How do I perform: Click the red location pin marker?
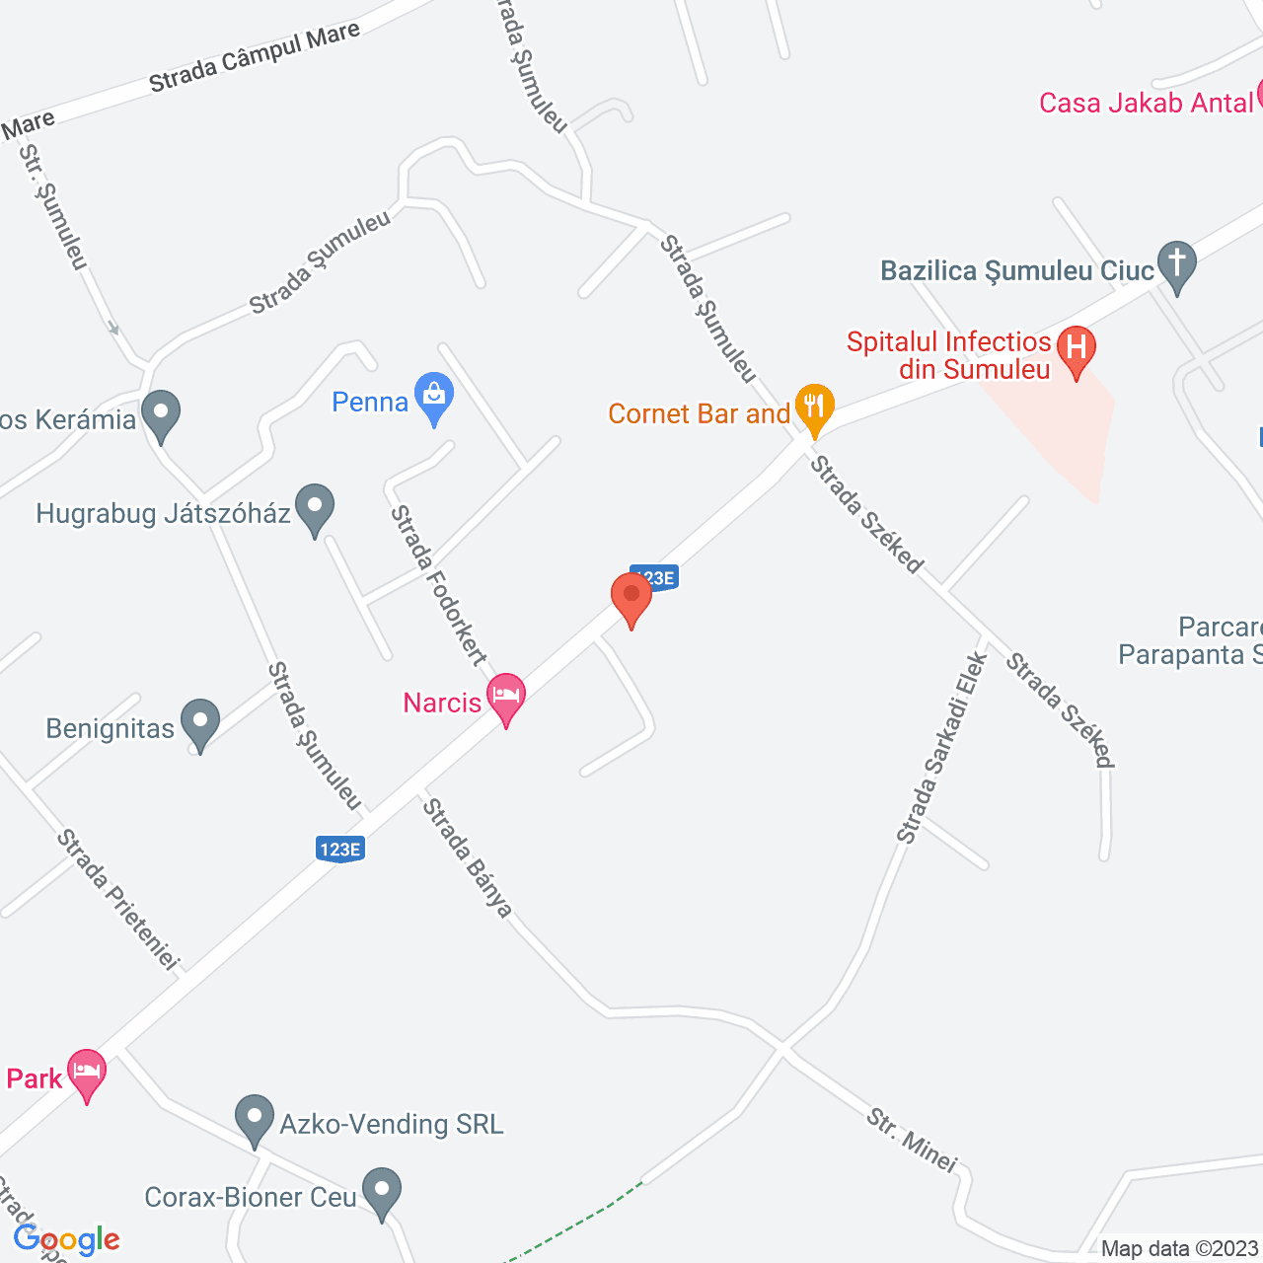[x=631, y=597]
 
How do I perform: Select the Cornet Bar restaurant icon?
[x=814, y=408]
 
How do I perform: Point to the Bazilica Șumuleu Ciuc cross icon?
[x=1176, y=264]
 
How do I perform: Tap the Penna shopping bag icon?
[x=434, y=397]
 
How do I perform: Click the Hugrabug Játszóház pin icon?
[x=315, y=508]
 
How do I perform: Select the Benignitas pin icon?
[x=200, y=723]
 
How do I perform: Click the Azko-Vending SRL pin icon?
[x=255, y=1119]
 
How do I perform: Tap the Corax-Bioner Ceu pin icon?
[x=381, y=1192]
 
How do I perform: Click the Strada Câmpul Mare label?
[x=255, y=58]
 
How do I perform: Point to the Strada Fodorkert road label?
[x=439, y=585]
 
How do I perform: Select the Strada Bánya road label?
[x=468, y=857]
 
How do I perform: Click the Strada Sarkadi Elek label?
[x=942, y=747]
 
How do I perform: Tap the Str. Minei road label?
[x=912, y=1141]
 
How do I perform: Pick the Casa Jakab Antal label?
[x=1146, y=103]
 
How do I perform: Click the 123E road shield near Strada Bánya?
[x=340, y=849]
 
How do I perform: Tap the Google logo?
[x=67, y=1239]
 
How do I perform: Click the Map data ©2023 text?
[x=1179, y=1249]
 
